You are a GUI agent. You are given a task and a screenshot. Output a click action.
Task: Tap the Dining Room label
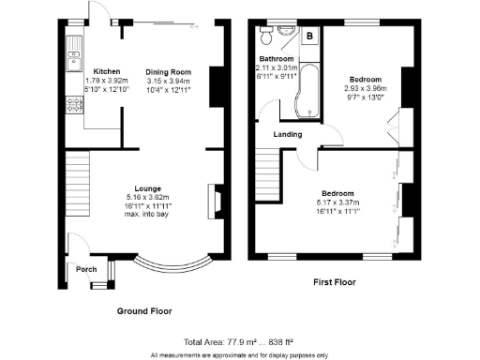point(168,71)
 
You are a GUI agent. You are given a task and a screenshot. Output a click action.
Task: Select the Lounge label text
point(143,187)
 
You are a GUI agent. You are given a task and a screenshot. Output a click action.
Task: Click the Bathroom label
point(277,59)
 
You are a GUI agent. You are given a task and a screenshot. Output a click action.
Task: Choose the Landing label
point(287,135)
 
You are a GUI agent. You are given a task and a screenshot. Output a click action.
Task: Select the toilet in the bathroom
point(267,38)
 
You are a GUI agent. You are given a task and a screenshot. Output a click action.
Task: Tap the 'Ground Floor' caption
point(143,310)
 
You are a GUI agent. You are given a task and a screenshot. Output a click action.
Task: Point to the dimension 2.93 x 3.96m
point(367,88)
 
